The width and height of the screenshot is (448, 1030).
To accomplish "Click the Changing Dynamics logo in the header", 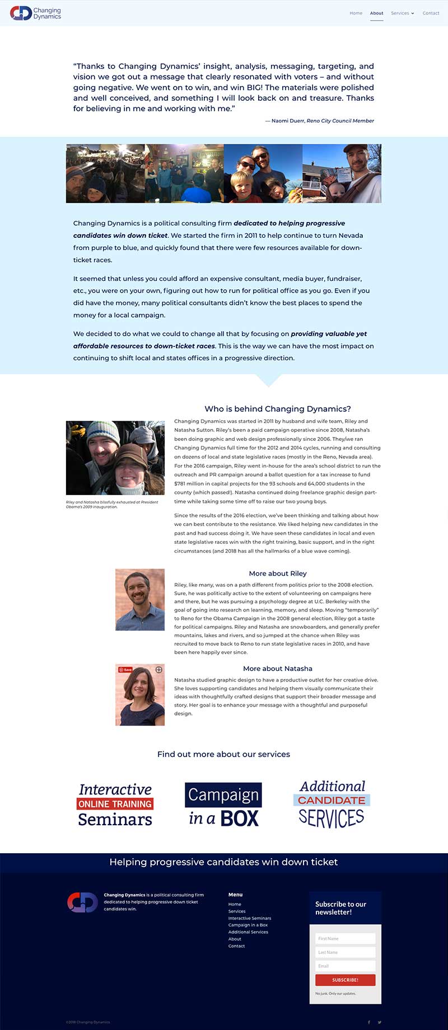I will (x=35, y=13).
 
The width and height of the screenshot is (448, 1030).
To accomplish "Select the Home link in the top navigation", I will (x=356, y=13).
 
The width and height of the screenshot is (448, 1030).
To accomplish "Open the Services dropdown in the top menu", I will (x=402, y=13).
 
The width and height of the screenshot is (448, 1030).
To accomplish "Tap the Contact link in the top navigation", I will (x=431, y=13).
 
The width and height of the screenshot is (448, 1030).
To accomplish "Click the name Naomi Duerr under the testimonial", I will (x=287, y=121).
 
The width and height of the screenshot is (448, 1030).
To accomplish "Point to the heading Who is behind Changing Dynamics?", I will (x=278, y=409).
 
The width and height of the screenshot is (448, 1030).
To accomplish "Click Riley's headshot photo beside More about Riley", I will (x=140, y=599).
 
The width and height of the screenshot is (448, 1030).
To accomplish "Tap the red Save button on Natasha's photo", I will (x=125, y=670).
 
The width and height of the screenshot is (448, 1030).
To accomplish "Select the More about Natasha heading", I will (x=278, y=669).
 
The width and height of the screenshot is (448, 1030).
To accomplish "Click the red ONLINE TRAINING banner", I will (x=115, y=804).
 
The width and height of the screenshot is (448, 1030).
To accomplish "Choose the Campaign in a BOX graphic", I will (x=223, y=805).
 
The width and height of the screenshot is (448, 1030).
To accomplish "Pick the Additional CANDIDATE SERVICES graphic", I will (x=332, y=804).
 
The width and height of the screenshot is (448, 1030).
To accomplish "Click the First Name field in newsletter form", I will (x=345, y=938).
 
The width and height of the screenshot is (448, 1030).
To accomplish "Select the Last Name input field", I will (x=345, y=952).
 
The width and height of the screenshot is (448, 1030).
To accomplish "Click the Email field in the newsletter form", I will (x=345, y=966).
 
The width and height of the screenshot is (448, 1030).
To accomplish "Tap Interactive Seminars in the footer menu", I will (x=250, y=918).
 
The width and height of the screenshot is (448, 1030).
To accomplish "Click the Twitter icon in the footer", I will (x=380, y=1022).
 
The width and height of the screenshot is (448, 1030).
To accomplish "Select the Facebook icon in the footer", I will (x=368, y=1022).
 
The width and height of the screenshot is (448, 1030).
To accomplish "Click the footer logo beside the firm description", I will (x=82, y=902).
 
